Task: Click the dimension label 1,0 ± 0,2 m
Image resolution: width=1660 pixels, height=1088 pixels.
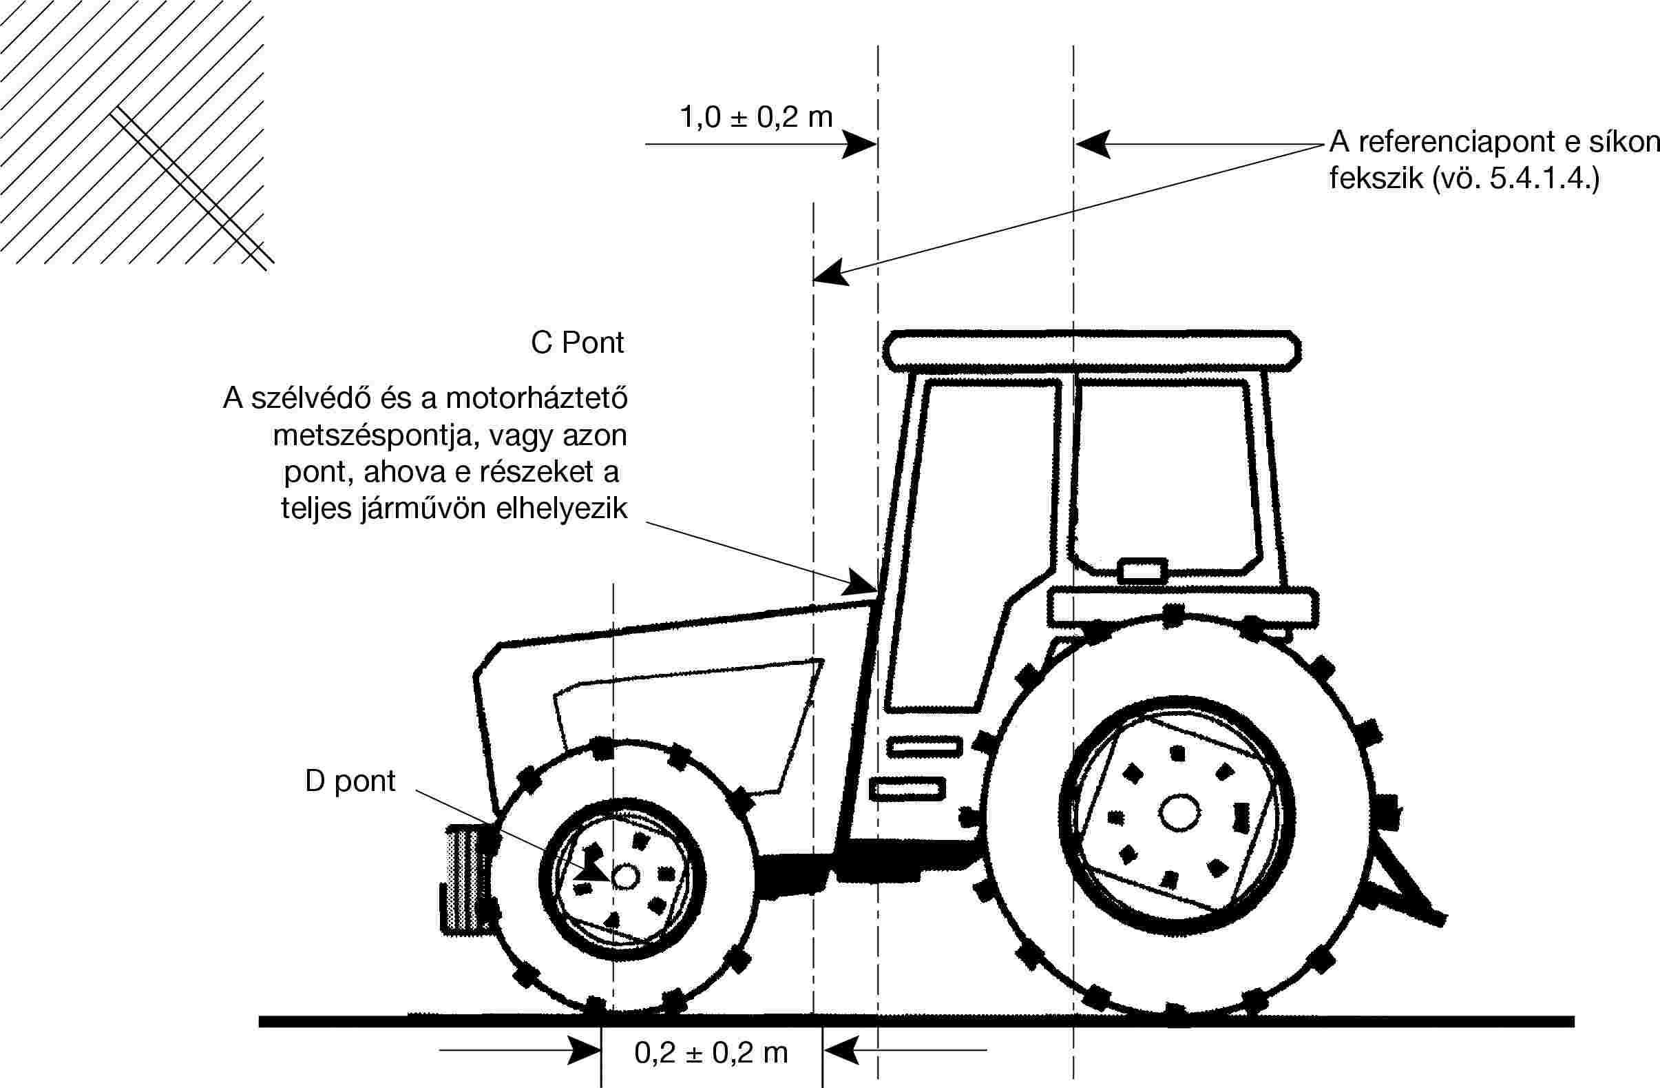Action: tap(757, 117)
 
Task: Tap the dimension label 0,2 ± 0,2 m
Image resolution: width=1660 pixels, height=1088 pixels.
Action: tap(711, 1053)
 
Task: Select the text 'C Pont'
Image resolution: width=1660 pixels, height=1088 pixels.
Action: tap(578, 342)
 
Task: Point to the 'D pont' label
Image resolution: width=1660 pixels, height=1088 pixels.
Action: tap(350, 781)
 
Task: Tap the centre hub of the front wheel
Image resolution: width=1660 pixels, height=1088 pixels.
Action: tap(624, 876)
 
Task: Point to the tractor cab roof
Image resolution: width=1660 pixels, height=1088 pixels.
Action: tap(1091, 351)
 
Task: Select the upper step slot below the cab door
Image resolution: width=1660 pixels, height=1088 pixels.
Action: tap(924, 746)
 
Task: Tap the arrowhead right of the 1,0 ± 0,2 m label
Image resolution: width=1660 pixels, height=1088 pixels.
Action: tap(859, 145)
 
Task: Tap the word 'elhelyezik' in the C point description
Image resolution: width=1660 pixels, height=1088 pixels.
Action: tap(561, 509)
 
